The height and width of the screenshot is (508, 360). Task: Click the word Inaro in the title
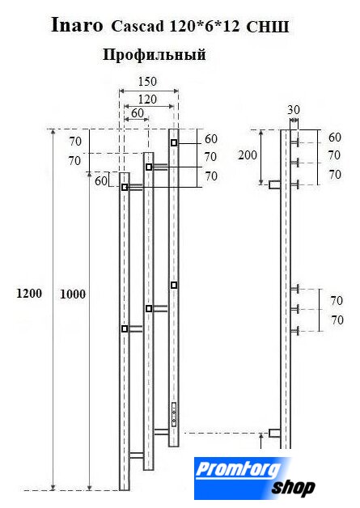pyautogui.click(x=77, y=25)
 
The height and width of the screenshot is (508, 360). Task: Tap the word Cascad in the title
pyautogui.click(x=138, y=27)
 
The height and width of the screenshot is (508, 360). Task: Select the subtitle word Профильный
pyautogui.click(x=155, y=54)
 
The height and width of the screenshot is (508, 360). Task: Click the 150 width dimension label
pyautogui.click(x=147, y=82)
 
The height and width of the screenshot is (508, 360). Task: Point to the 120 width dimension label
pyautogui.click(x=147, y=99)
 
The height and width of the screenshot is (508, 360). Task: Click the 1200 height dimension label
pyautogui.click(x=29, y=294)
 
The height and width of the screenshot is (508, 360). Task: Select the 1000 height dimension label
pyautogui.click(x=73, y=294)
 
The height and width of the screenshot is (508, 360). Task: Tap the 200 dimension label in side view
pyautogui.click(x=248, y=155)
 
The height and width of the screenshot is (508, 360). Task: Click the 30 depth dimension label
pyautogui.click(x=294, y=110)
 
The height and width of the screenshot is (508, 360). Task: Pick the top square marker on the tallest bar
pyautogui.click(x=174, y=142)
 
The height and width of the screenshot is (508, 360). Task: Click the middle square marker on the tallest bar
pyautogui.click(x=174, y=285)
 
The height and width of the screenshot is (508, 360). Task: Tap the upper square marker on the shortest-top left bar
pyautogui.click(x=125, y=187)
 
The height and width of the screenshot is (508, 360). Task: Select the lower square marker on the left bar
pyautogui.click(x=125, y=329)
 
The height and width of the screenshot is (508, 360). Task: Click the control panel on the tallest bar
pyautogui.click(x=174, y=414)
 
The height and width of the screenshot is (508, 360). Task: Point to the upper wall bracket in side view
pyautogui.click(x=275, y=184)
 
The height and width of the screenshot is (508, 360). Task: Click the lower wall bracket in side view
pyautogui.click(x=275, y=433)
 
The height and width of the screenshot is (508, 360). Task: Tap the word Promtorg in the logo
pyautogui.click(x=239, y=469)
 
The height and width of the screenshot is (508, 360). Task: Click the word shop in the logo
pyautogui.click(x=293, y=488)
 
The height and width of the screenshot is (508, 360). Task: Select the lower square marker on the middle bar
pyautogui.click(x=149, y=309)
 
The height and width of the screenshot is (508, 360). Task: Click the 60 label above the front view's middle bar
pyautogui.click(x=138, y=112)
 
